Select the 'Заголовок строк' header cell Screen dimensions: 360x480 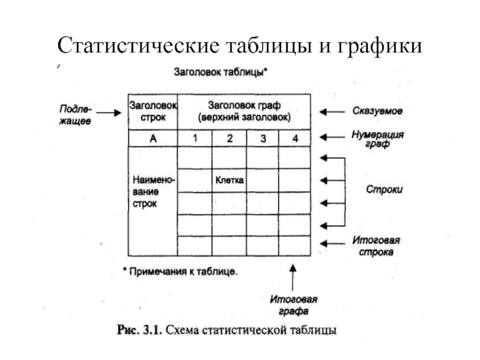(x=152, y=111)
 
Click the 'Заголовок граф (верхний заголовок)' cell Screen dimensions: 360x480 (x=244, y=111)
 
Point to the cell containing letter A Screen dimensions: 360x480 (x=152, y=139)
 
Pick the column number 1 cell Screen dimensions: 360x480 (x=194, y=139)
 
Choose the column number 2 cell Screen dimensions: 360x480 (x=229, y=139)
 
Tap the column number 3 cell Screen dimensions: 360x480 (x=262, y=139)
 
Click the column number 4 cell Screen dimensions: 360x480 (x=295, y=139)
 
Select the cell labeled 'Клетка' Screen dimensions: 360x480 (x=229, y=180)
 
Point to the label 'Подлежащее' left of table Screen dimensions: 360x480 (x=75, y=112)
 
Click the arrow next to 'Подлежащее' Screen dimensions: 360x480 (x=110, y=112)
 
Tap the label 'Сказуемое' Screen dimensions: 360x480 (x=377, y=112)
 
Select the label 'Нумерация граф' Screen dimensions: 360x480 (x=377, y=140)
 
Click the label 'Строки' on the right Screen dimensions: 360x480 (x=384, y=189)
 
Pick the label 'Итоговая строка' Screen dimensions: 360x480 (x=376, y=247)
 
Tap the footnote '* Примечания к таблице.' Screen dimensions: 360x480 (x=180, y=271)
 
